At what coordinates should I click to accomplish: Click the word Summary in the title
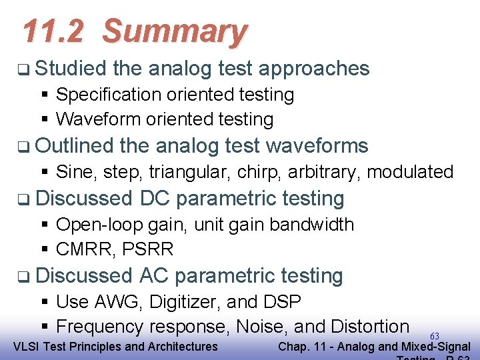[x=175, y=31]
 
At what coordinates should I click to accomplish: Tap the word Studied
[x=71, y=68]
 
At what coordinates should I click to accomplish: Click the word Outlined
[x=75, y=145]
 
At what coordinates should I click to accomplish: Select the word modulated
[x=410, y=171]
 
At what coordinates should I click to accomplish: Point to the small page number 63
[x=435, y=336]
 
